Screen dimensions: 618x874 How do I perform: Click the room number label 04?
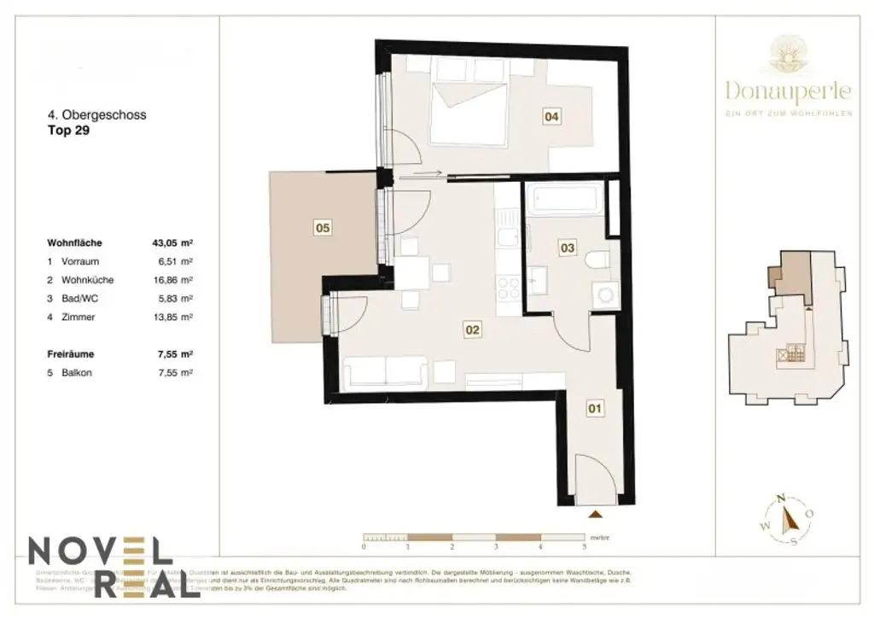coord(552,118)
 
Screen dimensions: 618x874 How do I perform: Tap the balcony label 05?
coord(323,228)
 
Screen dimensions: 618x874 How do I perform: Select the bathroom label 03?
coord(567,248)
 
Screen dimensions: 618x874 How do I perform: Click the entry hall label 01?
coord(595,409)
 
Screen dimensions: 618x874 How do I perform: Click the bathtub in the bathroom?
coord(563,201)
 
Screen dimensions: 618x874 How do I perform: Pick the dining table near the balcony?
coord(412,273)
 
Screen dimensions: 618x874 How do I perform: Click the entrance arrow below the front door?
coord(595,514)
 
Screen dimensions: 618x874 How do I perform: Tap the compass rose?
coord(784,519)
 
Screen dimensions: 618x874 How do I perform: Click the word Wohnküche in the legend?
coord(88,280)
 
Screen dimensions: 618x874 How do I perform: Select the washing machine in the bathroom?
coord(607,295)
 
